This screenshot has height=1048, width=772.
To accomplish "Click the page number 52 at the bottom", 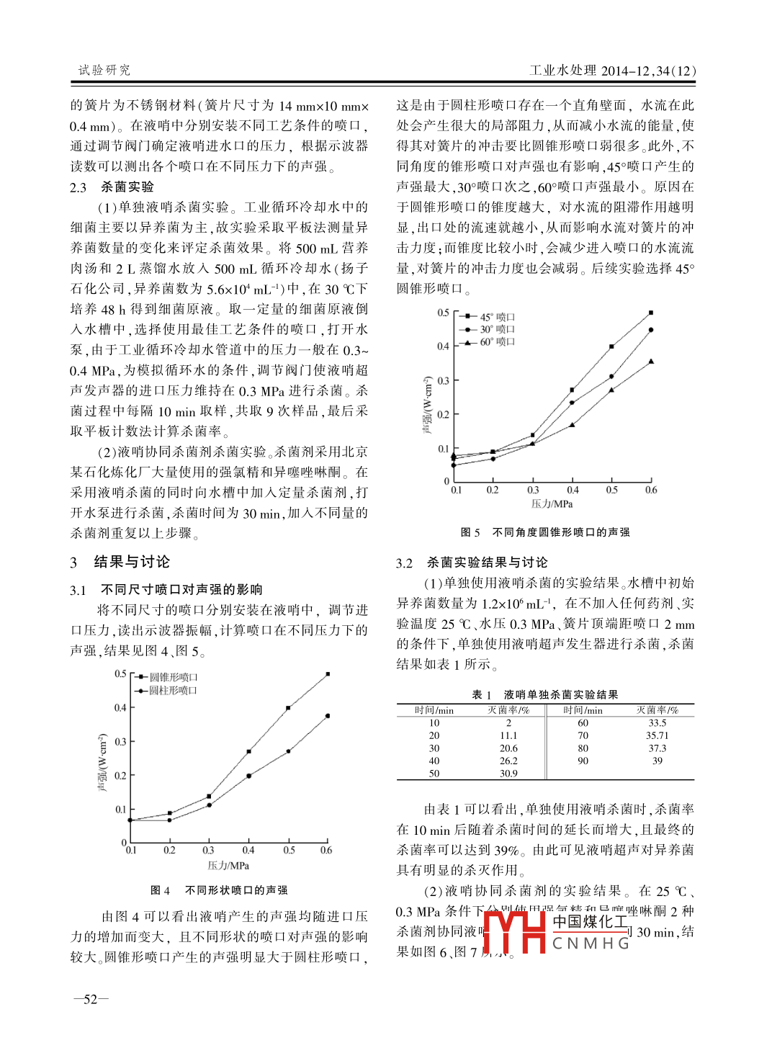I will point(91,999).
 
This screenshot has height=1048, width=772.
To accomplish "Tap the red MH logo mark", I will point(515,933).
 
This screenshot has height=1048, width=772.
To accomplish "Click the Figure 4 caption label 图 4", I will point(160,890).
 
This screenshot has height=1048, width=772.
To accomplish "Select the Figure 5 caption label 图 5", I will point(470,532).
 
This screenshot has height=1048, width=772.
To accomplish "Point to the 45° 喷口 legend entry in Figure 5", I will point(497,317).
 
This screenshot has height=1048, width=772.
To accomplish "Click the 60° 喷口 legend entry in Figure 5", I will point(497,341).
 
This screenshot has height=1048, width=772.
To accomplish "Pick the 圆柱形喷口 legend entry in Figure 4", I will point(173,690).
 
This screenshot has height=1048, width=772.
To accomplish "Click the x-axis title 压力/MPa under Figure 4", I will point(228,865).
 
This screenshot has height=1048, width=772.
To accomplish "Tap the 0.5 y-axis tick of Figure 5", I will point(443,313).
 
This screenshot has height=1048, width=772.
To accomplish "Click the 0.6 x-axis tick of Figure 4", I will point(326,850).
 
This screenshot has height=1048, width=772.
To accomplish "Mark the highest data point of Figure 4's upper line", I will point(328,674).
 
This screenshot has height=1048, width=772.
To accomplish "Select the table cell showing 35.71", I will point(657,735).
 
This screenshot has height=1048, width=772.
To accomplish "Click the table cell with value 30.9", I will point(508,774).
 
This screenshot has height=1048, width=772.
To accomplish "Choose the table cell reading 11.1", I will point(508,735).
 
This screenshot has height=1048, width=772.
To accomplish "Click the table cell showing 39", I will point(657,761).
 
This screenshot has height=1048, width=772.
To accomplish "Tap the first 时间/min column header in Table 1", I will point(434,710).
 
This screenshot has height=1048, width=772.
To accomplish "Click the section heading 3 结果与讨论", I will point(120,562).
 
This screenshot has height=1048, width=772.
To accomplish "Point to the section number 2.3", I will point(78,187).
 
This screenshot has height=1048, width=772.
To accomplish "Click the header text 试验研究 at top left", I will point(104,70).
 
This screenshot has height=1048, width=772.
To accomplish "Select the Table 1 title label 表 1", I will point(481,694).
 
